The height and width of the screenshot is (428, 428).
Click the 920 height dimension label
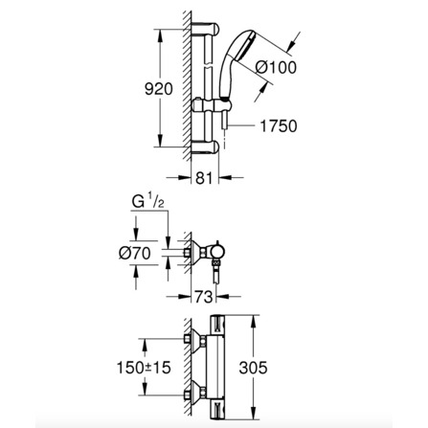[x=159, y=89]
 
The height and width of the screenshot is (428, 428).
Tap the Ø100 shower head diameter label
[x=277, y=68]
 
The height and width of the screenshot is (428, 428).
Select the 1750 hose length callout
[x=279, y=126]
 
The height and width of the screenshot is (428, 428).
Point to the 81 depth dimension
[x=204, y=178]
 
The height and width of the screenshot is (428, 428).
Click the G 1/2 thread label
[x=148, y=202]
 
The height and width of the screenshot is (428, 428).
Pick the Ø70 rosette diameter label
[x=135, y=254]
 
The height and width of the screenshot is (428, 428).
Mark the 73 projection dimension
[x=204, y=297]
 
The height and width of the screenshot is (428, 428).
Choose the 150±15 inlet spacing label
[x=144, y=368]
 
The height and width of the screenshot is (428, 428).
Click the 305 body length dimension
[x=253, y=368]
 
